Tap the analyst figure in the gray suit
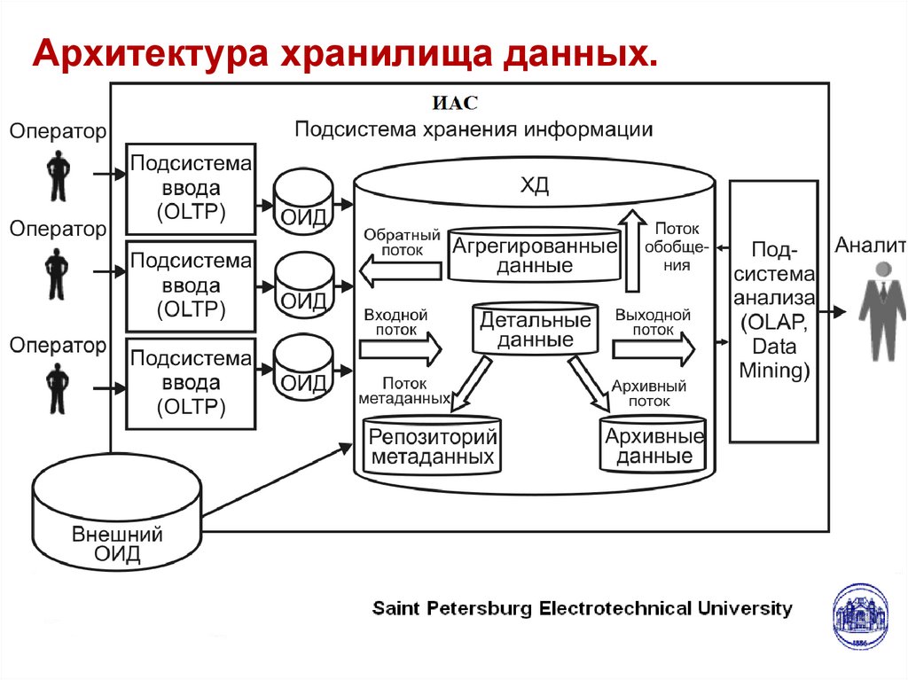(x=882, y=310)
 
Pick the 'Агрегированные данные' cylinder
(x=534, y=254)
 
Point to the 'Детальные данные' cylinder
(x=535, y=329)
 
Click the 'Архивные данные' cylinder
(x=654, y=443)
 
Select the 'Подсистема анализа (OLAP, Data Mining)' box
(x=773, y=310)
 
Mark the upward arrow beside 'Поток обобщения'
(x=632, y=251)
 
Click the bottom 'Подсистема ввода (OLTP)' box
(x=191, y=383)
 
